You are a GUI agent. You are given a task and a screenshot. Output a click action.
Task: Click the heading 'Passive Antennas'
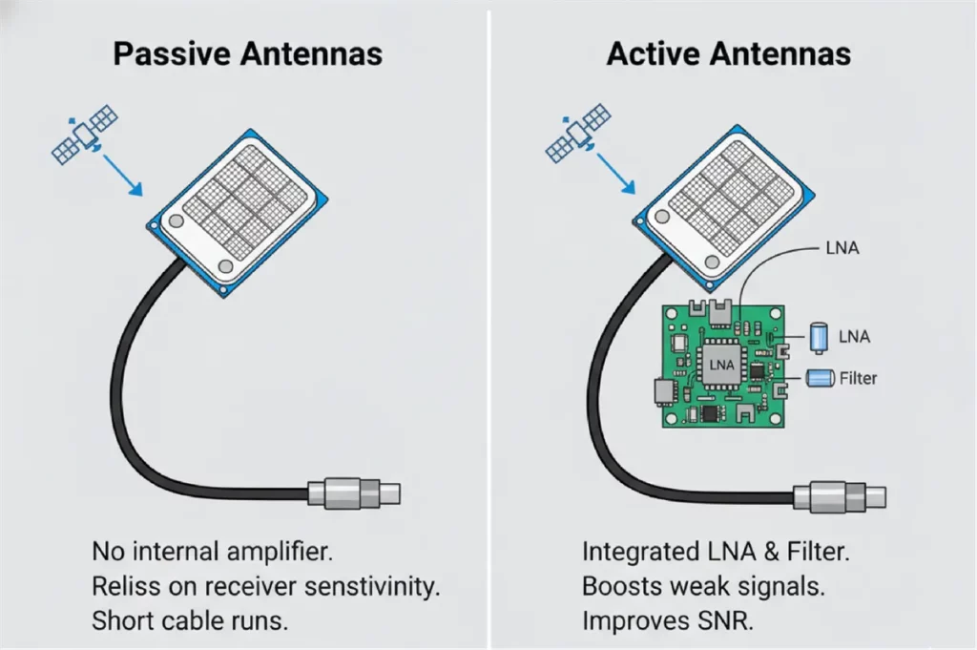247,53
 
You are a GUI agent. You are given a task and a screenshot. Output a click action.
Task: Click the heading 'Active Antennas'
729,53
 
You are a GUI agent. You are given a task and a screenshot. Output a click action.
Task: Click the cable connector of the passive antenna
353,493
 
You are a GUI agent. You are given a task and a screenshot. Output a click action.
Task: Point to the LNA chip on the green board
721,365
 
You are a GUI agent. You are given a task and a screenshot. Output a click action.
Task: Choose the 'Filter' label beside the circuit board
857,379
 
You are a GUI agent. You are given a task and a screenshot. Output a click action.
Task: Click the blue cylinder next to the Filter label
821,379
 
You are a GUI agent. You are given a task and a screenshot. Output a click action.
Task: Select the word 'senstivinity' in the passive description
375,585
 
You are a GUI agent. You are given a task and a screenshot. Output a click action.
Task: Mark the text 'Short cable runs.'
189,620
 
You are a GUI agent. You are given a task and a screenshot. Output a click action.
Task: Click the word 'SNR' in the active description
722,620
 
